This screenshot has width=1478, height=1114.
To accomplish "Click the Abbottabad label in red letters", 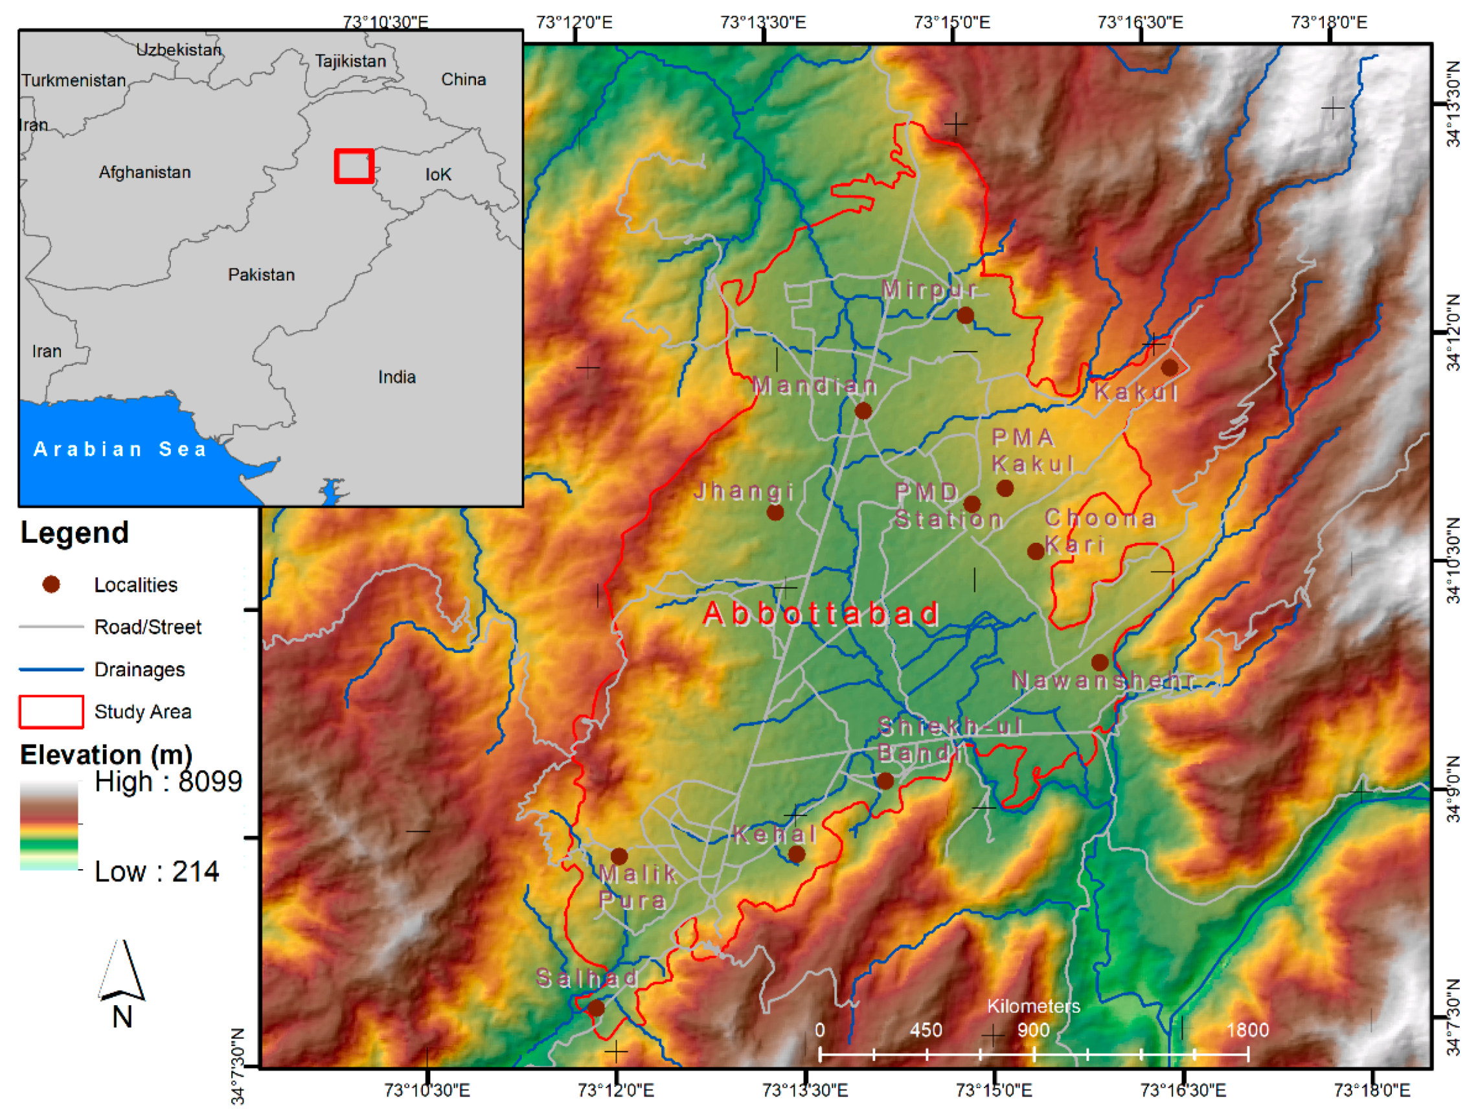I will pos(821,613).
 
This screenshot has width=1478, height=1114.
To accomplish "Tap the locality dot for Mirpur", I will pos(965,315).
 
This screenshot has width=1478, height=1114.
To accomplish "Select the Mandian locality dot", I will pos(863,411).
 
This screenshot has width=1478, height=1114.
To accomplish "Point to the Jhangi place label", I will pos(744,492).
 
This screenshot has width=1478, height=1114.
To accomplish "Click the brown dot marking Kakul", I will pos(1169,367).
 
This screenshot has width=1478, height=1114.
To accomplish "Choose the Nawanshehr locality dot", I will pos(1100,663).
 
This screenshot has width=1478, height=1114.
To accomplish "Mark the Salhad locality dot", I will pos(595,1008).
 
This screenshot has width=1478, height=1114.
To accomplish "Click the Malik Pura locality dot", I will pos(619,856).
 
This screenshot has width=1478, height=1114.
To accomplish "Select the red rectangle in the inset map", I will pos(354,166).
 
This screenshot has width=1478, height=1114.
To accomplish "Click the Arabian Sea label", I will pos(120,449).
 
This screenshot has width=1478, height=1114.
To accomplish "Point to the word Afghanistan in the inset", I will pos(145,172).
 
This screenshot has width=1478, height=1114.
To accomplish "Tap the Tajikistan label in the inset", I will pos(351,62).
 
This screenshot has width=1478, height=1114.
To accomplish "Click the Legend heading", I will pos(75,532).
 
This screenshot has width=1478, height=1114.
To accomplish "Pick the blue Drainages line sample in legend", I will pos(51,669).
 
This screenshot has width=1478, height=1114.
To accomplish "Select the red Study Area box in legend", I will pos(51,711).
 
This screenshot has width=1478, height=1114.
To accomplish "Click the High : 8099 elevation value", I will pos(168,782).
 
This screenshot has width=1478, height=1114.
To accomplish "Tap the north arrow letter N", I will pos(122,1017).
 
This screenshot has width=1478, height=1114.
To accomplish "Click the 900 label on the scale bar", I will pos(1033,1030).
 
